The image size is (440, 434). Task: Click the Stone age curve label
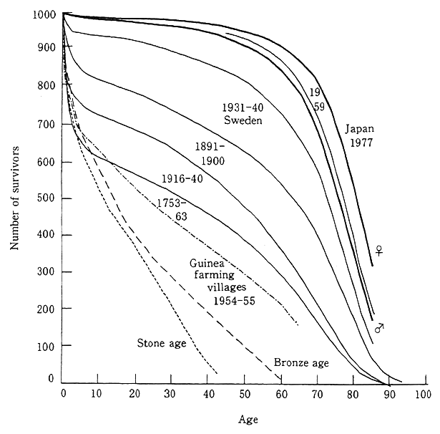(162, 343)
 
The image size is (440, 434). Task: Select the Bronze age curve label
(301, 362)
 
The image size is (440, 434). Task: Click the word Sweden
(243, 120)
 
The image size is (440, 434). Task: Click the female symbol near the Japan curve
(381, 251)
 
